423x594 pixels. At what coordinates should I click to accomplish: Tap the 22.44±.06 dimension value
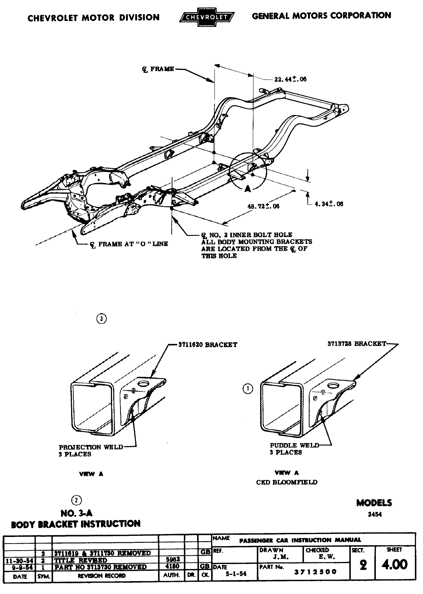[x=290, y=79]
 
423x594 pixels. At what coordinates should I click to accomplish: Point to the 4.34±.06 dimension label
[x=329, y=204]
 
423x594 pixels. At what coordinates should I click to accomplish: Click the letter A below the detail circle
[x=248, y=188]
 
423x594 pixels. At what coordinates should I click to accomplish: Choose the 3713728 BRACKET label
[x=357, y=344]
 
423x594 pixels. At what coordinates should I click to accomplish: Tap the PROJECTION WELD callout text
[x=91, y=447]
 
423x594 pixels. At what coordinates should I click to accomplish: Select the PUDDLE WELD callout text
[x=294, y=445]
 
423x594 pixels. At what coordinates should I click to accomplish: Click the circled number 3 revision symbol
[x=101, y=319]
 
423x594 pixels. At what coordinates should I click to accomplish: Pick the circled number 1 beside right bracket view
[x=248, y=388]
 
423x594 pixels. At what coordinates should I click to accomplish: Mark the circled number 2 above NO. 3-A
[x=76, y=500]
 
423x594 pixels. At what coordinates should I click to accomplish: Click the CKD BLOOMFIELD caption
[x=287, y=482]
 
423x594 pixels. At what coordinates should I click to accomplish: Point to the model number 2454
[x=375, y=515]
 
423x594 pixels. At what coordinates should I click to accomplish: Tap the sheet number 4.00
[x=394, y=564]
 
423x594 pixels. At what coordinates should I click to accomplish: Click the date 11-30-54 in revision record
[x=18, y=560]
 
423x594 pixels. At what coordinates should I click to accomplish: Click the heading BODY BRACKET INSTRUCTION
[x=76, y=524]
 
